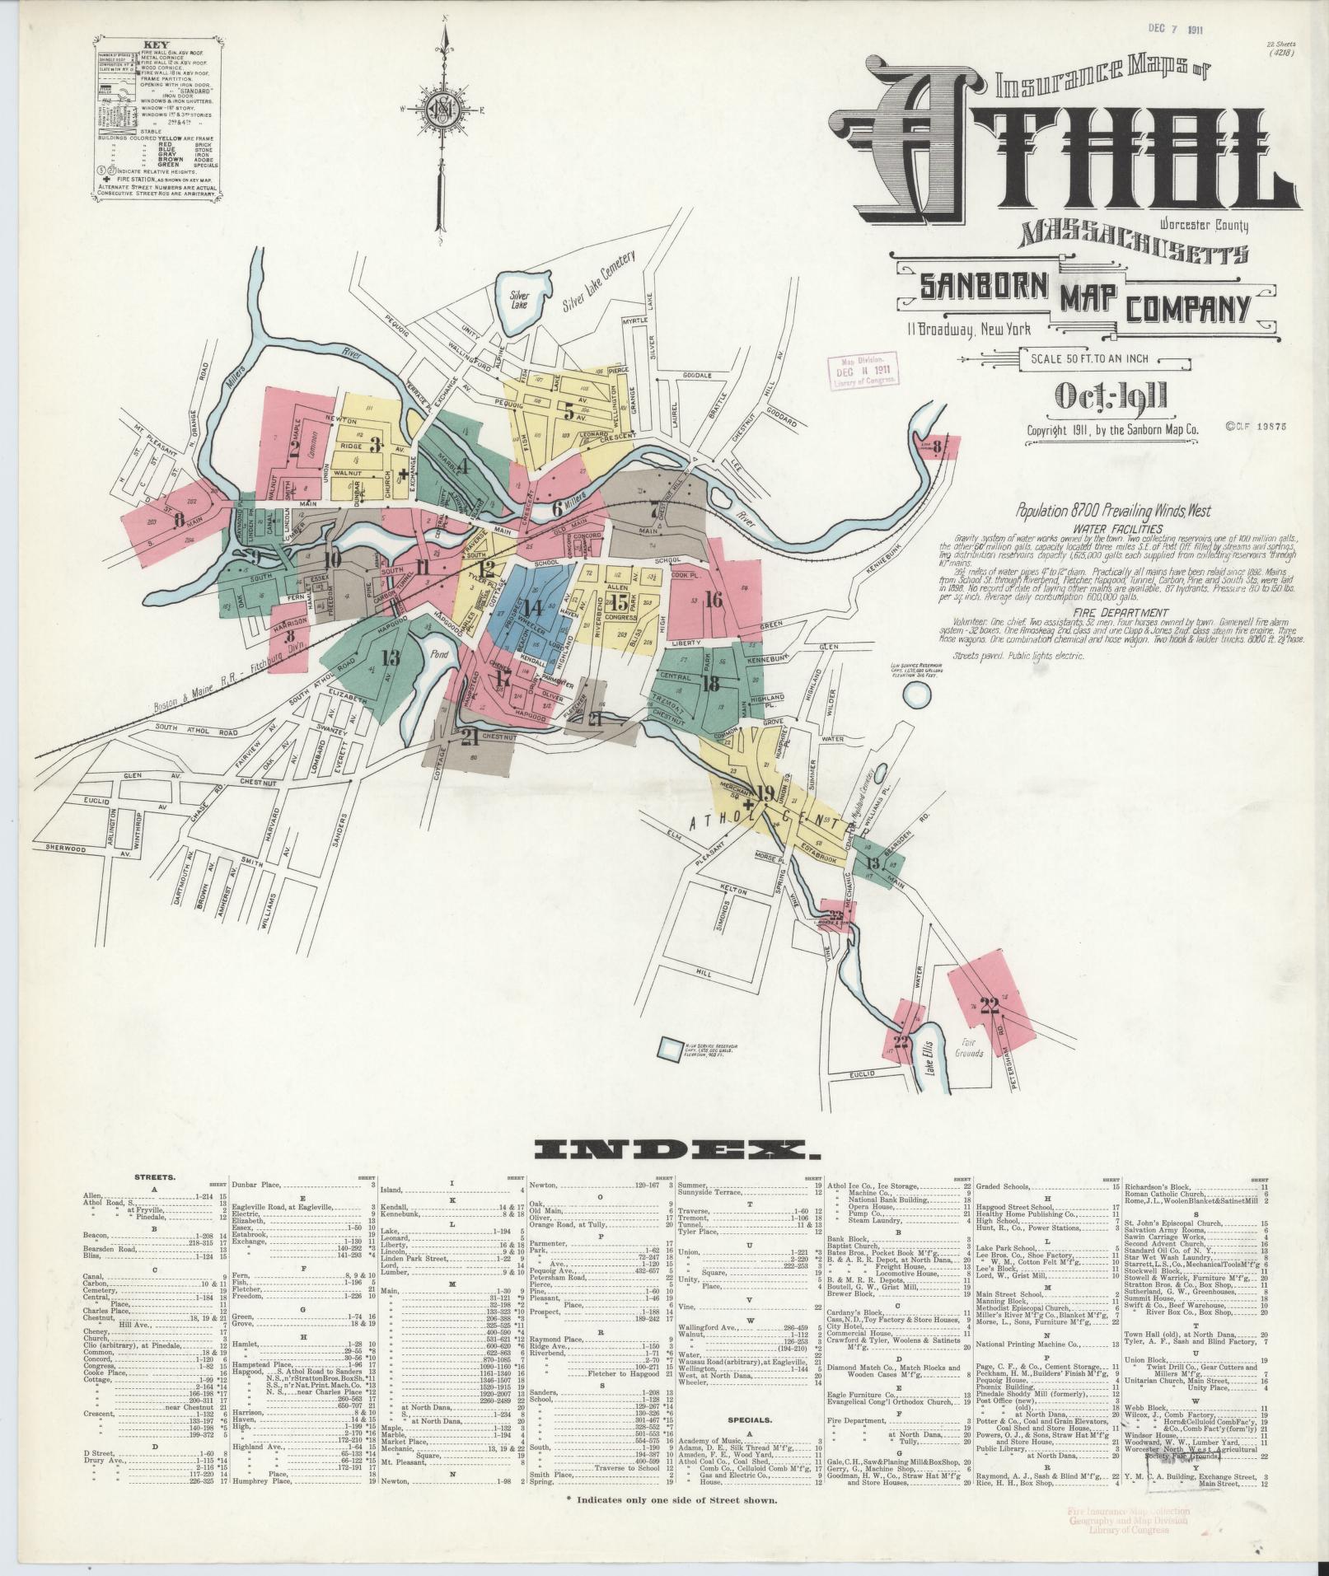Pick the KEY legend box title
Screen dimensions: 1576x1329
point(157,45)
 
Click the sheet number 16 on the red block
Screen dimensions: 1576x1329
point(713,600)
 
